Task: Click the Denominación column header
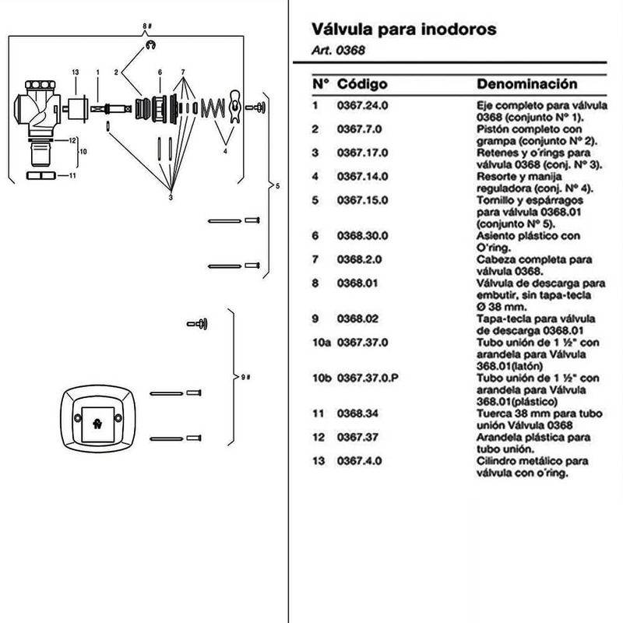pos(526,84)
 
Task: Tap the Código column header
pos(362,84)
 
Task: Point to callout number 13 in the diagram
pos(76,72)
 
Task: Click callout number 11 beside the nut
pos(72,176)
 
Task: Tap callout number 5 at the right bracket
pos(277,186)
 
